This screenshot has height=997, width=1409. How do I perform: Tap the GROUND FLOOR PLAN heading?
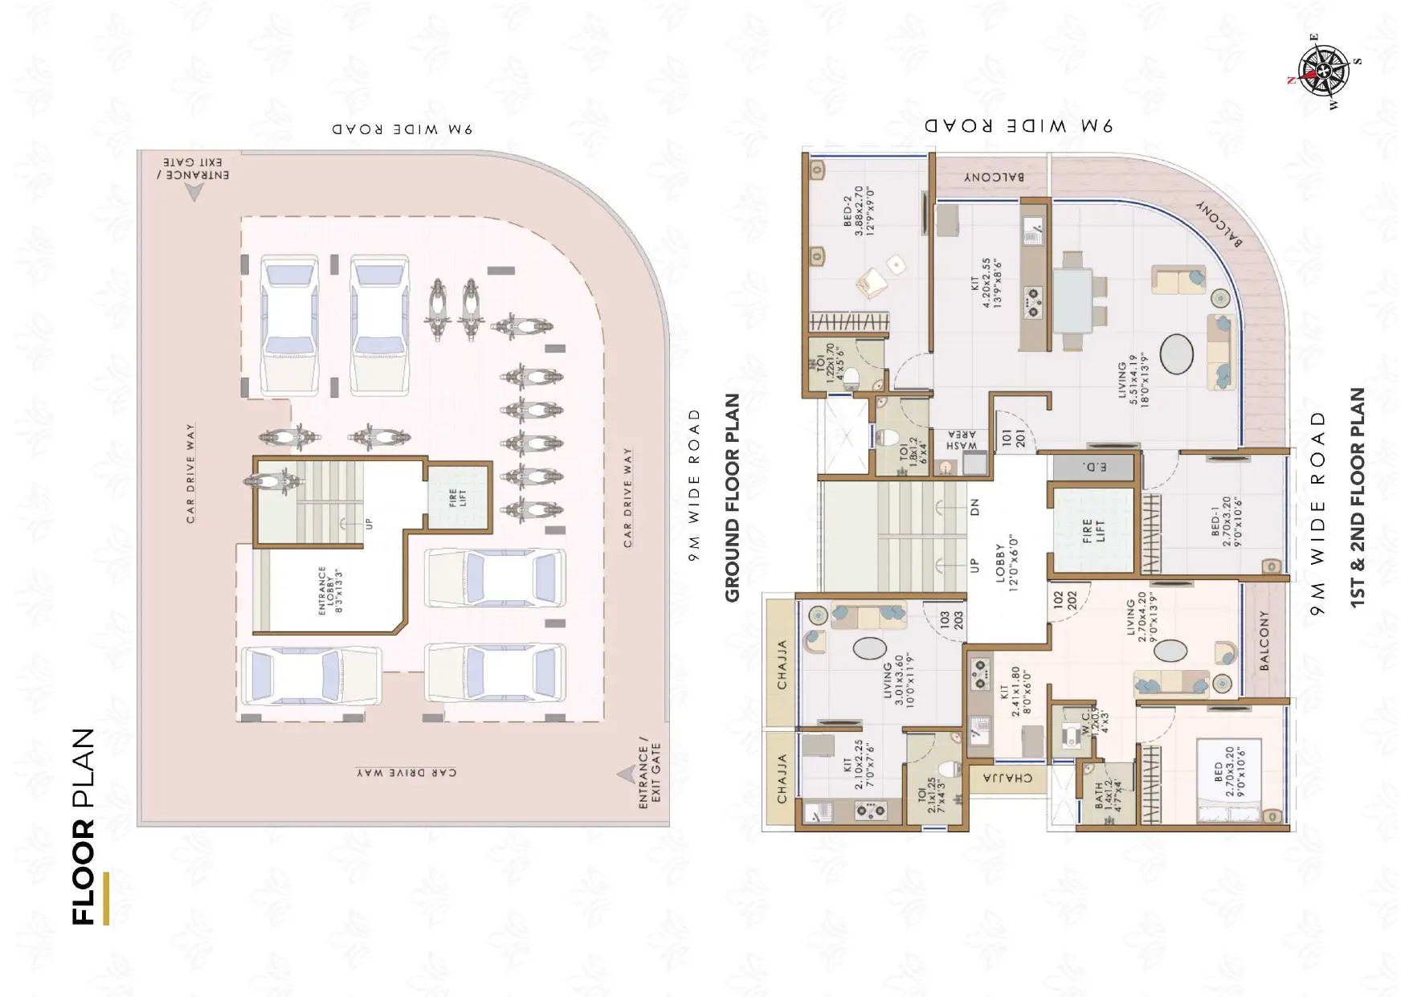(732, 497)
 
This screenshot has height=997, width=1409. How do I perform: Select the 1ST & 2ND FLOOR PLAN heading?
(1357, 497)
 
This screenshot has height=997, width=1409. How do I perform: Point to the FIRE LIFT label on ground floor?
(458, 497)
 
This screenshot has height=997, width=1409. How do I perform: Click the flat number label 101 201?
(1013, 439)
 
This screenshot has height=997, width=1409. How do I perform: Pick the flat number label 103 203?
(951, 619)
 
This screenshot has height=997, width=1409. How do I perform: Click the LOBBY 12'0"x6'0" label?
(1006, 567)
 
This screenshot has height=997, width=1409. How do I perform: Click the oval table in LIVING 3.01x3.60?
(869, 648)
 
